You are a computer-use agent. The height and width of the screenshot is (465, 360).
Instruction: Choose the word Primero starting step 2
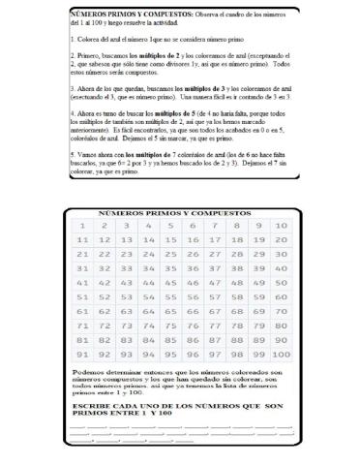coord(90,57)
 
